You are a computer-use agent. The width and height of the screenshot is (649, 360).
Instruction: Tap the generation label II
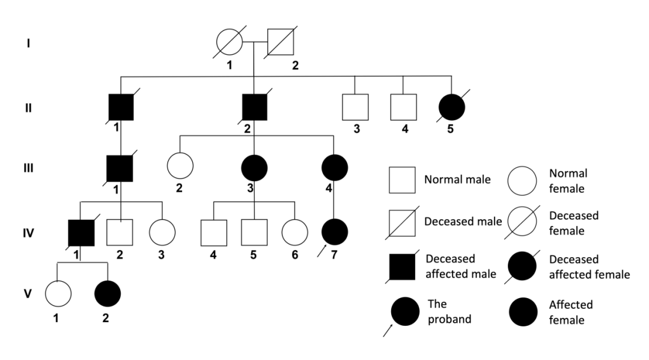click(29, 108)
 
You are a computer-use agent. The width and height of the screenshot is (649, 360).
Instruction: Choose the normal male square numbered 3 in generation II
click(355, 108)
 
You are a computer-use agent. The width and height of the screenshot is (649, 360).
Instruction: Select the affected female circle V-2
click(108, 294)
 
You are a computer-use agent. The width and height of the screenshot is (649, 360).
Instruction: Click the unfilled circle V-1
click(58, 294)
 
